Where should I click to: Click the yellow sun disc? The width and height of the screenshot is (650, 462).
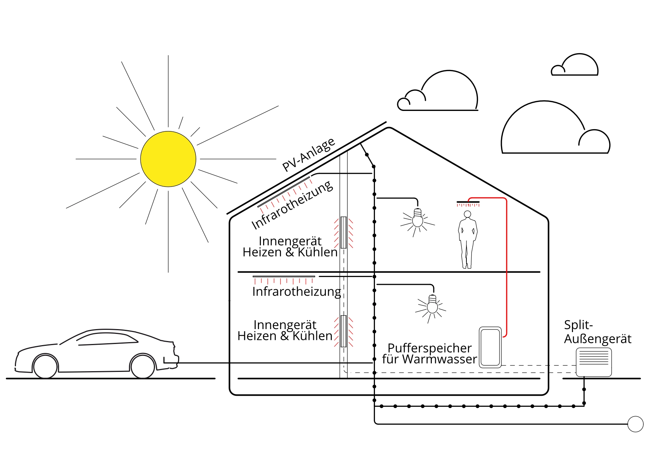click(168, 159)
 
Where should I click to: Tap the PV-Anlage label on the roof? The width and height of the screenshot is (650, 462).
click(308, 154)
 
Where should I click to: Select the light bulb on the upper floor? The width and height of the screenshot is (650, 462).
click(418, 219)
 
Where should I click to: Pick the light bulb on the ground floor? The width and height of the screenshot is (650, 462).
click(432, 305)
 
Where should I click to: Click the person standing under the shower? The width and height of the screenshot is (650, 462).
click(467, 240)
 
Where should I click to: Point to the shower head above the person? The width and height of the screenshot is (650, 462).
click(468, 202)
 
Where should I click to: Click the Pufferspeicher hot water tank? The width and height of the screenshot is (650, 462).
click(490, 347)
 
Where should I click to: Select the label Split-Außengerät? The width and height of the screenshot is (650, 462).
click(597, 332)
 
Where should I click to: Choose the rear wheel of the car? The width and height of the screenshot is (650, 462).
click(45, 367)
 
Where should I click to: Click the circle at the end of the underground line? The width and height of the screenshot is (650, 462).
click(635, 424)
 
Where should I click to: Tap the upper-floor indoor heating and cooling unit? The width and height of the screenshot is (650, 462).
click(343, 232)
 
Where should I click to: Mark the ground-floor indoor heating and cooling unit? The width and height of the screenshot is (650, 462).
click(343, 331)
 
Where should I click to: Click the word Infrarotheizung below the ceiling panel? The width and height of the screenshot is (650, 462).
click(296, 291)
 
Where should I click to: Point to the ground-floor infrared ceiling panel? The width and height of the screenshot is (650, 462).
click(284, 277)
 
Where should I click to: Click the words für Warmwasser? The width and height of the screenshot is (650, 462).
click(429, 359)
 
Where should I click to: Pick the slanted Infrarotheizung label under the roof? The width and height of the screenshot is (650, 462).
click(292, 205)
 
